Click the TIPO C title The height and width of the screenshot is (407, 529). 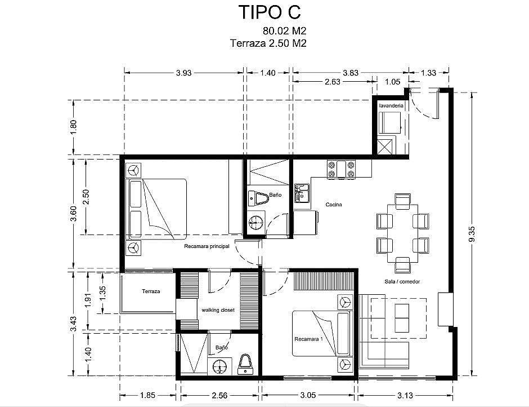269,12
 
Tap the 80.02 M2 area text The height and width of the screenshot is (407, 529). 284,31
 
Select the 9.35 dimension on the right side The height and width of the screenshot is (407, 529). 472,233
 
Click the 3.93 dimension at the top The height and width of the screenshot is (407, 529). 184,73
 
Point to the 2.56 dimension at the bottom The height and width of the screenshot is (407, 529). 219,395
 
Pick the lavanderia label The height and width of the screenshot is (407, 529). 391,105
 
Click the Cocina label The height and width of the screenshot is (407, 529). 334,205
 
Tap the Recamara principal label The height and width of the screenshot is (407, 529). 207,246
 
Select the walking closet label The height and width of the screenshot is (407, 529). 218,309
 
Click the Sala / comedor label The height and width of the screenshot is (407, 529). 402,281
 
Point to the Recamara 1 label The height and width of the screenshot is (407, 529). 309,339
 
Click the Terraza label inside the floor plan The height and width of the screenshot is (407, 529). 151,291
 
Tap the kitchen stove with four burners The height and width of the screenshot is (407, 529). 341,169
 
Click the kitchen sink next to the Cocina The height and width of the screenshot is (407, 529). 302,193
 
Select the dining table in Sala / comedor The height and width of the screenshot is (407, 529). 402,233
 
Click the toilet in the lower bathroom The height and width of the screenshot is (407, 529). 245,364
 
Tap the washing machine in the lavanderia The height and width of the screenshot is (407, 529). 389,123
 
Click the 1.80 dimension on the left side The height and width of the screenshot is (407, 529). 74,127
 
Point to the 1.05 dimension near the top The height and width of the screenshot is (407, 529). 393,82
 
